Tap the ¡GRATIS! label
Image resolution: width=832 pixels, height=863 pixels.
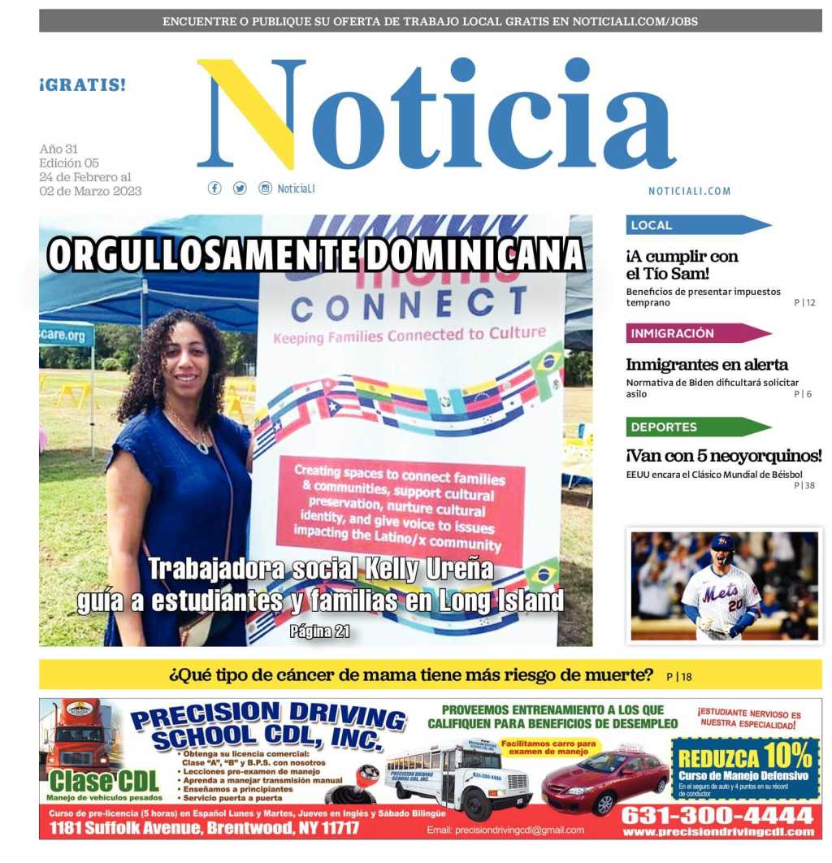click(x=83, y=85)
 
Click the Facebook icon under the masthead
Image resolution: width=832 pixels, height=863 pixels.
click(x=214, y=189)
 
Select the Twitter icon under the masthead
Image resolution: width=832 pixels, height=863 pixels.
click(x=240, y=189)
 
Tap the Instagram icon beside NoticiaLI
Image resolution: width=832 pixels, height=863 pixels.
click(x=265, y=189)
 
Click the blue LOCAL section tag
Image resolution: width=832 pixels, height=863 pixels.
click(x=695, y=225)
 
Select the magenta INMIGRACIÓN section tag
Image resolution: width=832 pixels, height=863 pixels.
click(x=695, y=333)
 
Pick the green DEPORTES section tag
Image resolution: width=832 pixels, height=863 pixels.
click(x=695, y=427)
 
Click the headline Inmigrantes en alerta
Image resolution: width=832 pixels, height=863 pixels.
click(x=707, y=365)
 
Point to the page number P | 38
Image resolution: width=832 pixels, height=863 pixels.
click(x=804, y=486)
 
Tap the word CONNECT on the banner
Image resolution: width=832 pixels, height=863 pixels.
click(x=398, y=305)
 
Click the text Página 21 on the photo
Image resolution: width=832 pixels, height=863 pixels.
click(x=319, y=631)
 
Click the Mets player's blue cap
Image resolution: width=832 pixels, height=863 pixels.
click(x=721, y=543)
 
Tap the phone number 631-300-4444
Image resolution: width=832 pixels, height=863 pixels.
click(x=717, y=815)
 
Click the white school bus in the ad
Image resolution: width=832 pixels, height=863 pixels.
click(x=457, y=778)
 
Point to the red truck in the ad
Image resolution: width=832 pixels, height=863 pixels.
click(x=78, y=735)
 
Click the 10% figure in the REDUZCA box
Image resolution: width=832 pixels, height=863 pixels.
click(x=787, y=757)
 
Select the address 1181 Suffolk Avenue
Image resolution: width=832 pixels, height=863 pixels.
click(x=204, y=829)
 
